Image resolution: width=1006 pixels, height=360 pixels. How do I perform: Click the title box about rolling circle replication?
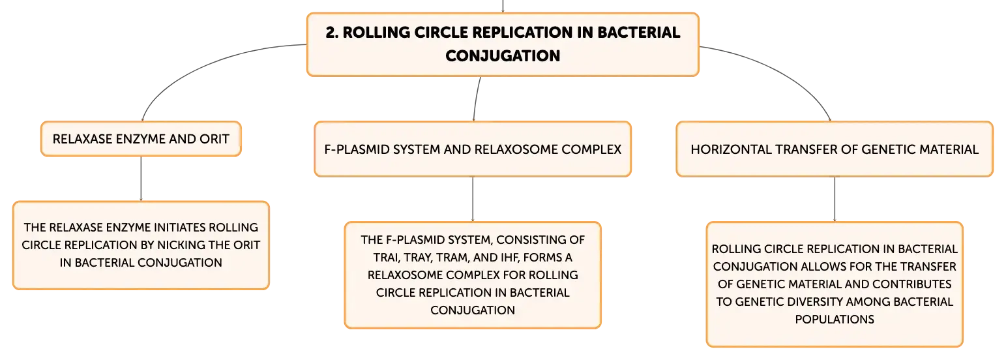[x=503, y=44]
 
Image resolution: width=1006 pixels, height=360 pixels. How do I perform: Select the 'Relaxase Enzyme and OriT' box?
[x=141, y=139]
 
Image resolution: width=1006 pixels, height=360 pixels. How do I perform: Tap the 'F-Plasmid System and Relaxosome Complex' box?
[x=473, y=149]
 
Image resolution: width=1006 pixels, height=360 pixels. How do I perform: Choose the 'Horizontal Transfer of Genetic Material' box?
[x=835, y=149]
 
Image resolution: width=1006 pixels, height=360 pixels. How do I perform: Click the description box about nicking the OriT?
[x=141, y=245]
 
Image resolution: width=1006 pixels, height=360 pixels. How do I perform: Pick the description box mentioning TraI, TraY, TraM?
[x=473, y=275]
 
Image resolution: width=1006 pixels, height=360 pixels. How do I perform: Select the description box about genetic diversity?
[x=835, y=284]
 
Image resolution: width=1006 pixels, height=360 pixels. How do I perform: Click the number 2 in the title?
[x=331, y=33]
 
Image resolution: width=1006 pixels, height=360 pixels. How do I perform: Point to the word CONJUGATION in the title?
[x=503, y=55]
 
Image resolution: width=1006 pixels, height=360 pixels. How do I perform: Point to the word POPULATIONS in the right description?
[x=835, y=320]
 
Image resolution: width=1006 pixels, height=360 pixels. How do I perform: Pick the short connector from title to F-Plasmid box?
[x=476, y=99]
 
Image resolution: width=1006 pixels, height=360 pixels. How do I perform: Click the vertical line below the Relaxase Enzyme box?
[x=141, y=179]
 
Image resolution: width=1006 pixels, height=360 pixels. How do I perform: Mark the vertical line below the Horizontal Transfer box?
[x=835, y=199]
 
